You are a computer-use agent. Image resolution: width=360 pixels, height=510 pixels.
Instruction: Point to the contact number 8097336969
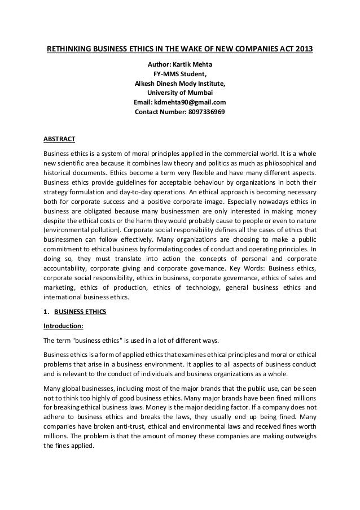tap(200, 112)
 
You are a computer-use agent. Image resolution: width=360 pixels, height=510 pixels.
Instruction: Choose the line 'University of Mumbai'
tap(180, 93)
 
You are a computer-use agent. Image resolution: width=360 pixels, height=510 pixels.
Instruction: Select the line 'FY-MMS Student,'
tap(180, 74)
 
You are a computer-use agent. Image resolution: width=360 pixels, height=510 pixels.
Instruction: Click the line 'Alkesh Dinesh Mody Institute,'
tap(180, 84)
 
